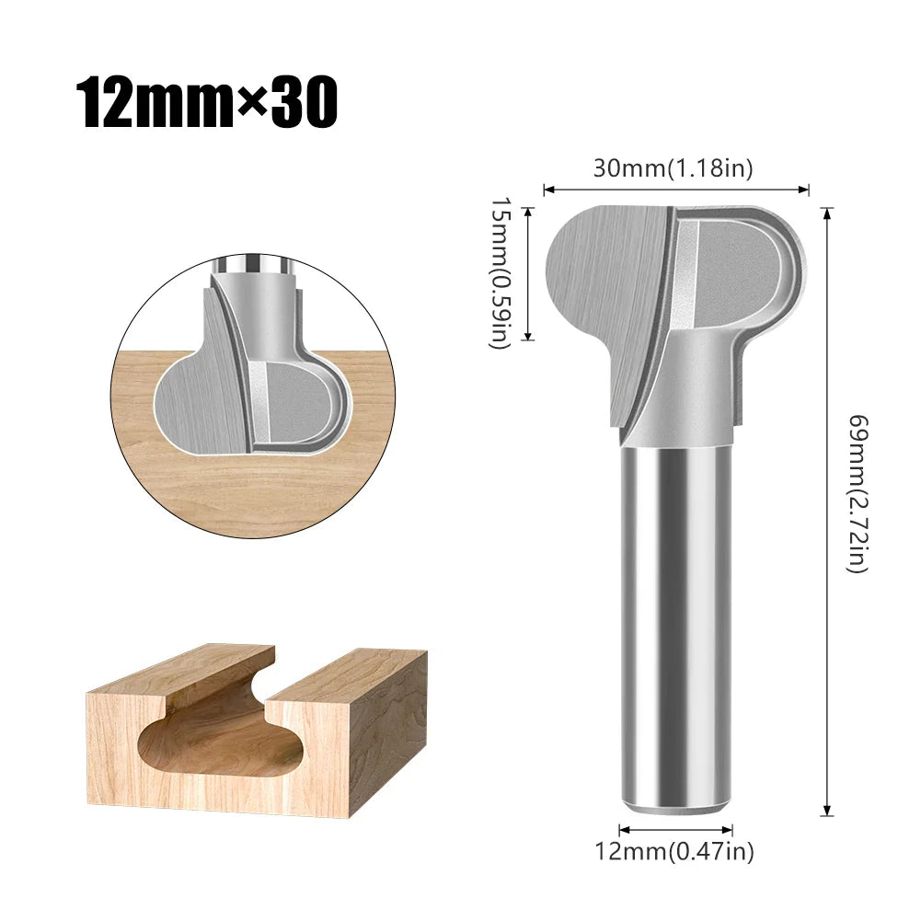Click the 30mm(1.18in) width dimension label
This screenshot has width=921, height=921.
673,168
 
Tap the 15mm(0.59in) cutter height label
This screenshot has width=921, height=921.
498,273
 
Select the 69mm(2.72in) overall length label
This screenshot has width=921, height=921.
857,494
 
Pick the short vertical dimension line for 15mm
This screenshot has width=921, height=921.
528,273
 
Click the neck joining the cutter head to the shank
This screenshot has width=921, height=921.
685,386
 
